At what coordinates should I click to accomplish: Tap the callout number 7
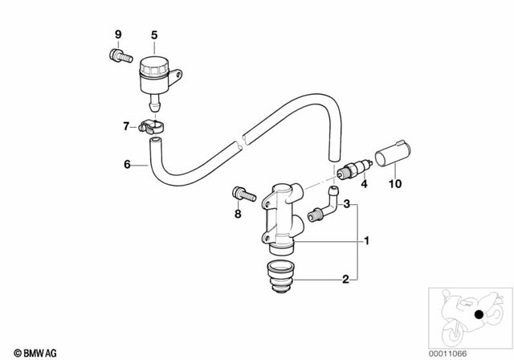coord(125,125)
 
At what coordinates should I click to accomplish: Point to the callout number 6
coord(126,166)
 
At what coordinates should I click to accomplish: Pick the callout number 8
coord(238,214)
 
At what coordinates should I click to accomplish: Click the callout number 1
coord(367,240)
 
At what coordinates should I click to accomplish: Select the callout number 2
coord(345,280)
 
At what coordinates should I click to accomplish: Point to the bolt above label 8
coord(238,194)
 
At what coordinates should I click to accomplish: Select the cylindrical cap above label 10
coord(393,158)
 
